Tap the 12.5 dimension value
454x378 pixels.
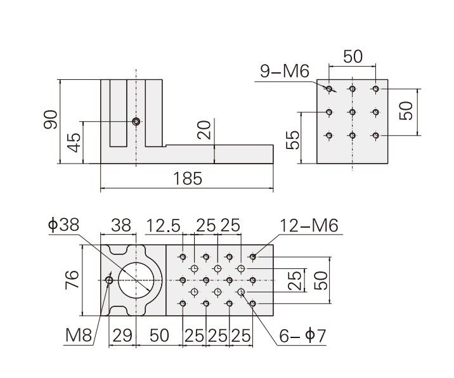coord(164,225)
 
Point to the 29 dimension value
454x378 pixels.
coord(122,335)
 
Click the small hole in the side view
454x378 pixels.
coord(135,121)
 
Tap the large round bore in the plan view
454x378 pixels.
coord(135,280)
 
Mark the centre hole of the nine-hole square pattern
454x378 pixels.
coord(352,112)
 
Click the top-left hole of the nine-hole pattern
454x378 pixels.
coord(329,88)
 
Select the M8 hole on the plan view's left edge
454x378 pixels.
coord(109,280)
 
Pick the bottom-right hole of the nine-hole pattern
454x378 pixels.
coord(375,135)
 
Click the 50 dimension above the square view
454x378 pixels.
coord(353,56)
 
